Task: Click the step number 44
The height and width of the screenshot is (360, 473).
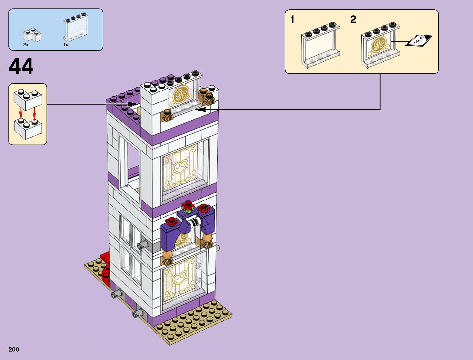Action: click(x=21, y=67)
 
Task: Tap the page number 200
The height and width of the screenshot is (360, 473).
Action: click(x=14, y=349)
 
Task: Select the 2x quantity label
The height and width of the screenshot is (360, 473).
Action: click(x=26, y=45)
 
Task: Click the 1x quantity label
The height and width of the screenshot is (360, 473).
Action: click(x=66, y=45)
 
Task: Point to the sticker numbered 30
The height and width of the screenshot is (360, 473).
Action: click(x=419, y=41)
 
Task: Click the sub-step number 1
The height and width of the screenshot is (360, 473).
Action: click(x=292, y=20)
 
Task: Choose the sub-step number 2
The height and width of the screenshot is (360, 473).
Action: click(x=353, y=20)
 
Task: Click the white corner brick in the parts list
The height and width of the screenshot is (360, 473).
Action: click(x=32, y=35)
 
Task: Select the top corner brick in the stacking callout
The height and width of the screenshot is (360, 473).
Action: click(x=27, y=99)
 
